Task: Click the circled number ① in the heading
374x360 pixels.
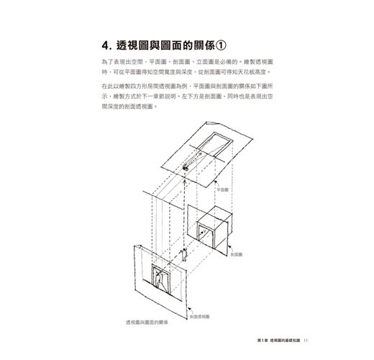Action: pos(220,45)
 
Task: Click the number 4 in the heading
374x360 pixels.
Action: pos(105,45)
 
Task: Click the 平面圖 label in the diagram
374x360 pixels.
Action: pos(222,190)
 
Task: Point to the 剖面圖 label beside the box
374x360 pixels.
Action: pos(237,254)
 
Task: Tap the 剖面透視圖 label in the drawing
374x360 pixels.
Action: pos(200,317)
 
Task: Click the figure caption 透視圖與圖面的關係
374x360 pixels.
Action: pos(147,323)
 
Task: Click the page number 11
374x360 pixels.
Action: pos(306,341)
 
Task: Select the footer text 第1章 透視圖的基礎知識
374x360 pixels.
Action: pos(278,341)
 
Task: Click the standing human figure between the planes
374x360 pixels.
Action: pos(184,255)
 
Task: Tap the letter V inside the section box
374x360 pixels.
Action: pos(204,232)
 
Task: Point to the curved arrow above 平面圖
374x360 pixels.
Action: pos(217,184)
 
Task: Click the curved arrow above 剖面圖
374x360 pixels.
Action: pos(231,248)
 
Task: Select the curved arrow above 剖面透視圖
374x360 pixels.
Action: pos(191,310)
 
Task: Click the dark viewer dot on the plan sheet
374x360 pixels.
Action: pos(186,168)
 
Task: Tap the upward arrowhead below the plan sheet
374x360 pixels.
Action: pos(184,182)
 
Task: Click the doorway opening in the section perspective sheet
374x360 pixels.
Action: pos(161,279)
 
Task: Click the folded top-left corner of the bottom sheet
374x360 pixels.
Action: pos(137,246)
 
